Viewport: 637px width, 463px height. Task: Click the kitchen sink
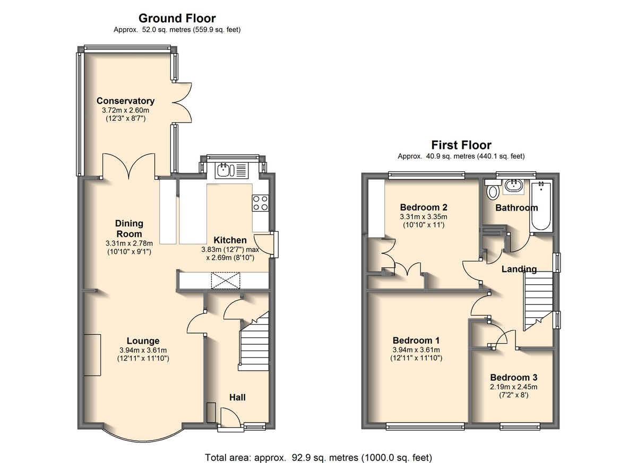coord(231,170)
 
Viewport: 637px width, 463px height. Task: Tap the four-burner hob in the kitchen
coord(260,203)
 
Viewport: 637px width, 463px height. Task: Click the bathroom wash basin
coord(514,187)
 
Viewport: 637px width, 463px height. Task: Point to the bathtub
coord(541,206)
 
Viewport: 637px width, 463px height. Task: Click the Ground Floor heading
coord(177,19)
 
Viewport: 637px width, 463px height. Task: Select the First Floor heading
coord(461,145)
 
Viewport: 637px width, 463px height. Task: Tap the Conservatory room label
coord(125,101)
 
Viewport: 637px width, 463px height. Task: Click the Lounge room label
coord(143,341)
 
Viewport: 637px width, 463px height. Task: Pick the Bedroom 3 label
coord(514,378)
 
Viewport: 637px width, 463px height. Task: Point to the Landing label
coord(519,269)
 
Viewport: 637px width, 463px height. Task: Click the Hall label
coord(237,397)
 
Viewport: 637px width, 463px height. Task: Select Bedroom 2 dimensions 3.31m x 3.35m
coord(424,217)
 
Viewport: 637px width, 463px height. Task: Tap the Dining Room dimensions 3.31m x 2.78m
coord(129,243)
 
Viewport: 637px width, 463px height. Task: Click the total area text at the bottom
coord(318,450)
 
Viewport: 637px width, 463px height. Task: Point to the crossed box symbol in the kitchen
coord(226,281)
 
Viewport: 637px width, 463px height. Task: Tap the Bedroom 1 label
coord(416,340)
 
